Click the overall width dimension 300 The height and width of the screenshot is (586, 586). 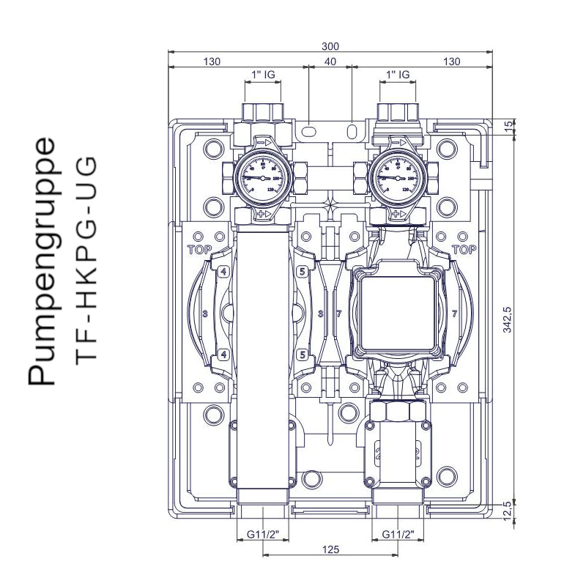(x=330, y=46)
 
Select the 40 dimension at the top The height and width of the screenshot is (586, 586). (x=330, y=62)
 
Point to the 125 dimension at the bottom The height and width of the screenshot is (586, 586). (x=330, y=549)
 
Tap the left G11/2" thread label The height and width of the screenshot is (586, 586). (x=262, y=533)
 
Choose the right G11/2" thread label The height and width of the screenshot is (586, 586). (x=398, y=533)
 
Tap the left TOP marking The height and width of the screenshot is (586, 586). (x=199, y=249)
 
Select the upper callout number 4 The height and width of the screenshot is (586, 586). (x=223, y=272)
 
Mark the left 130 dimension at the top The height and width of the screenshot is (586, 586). (x=211, y=62)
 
